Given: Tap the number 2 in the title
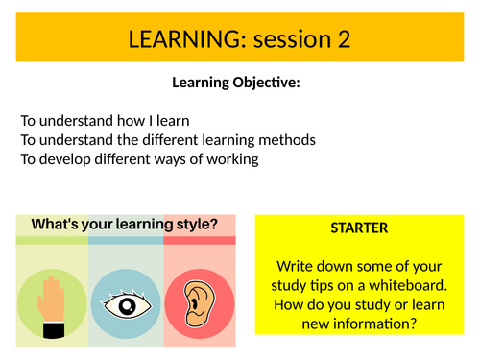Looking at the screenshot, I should (x=342, y=39).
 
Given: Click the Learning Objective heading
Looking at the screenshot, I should (x=236, y=83).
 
